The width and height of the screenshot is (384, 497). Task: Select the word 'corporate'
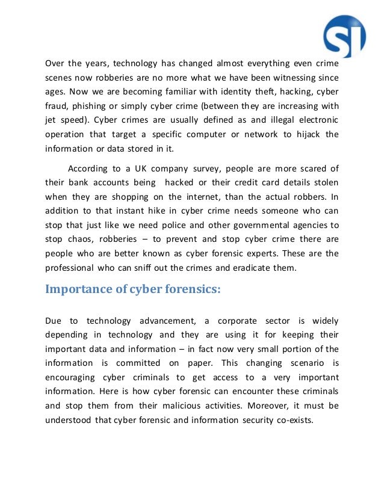(x=237, y=320)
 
